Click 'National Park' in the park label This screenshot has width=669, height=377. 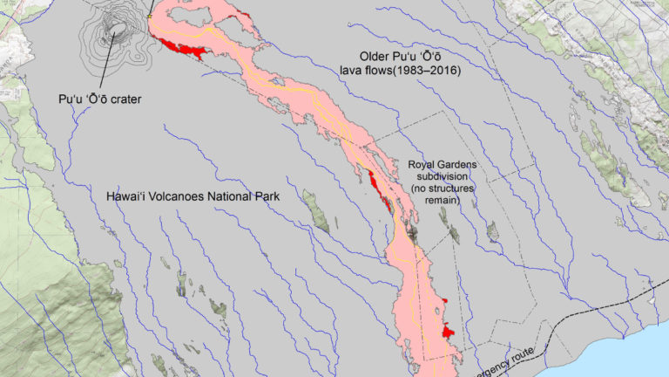click(x=247, y=197)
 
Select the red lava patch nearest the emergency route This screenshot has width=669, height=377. click(x=448, y=332)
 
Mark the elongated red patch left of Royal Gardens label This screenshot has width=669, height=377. click(x=379, y=192)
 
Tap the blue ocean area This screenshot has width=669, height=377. click(x=610, y=358)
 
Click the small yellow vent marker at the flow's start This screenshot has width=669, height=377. click(x=150, y=15)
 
